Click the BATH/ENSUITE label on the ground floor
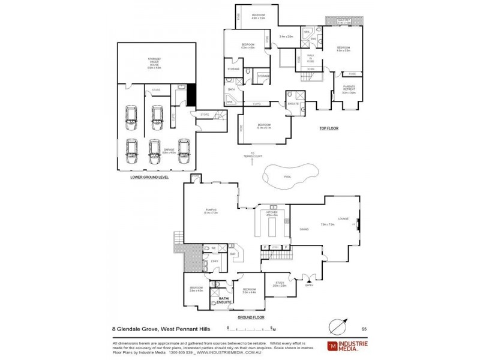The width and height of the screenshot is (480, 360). coord(224,299)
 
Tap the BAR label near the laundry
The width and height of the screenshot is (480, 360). coord(233,254)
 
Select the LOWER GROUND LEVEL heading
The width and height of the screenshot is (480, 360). coord(149,178)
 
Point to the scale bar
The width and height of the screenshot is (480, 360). coord(251,329)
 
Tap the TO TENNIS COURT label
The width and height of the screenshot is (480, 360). coord(253,156)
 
